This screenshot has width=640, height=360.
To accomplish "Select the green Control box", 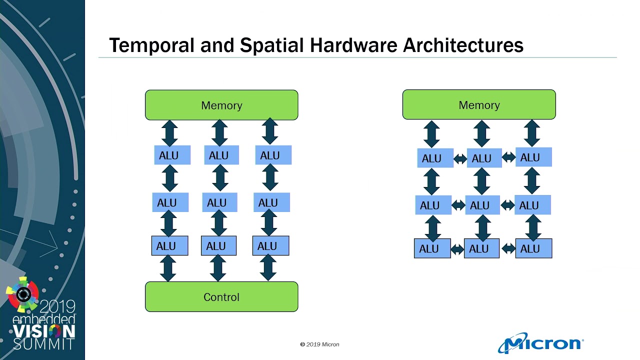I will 221,297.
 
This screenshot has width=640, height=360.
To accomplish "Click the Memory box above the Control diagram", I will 221,105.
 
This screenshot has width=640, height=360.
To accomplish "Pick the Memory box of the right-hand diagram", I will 479,105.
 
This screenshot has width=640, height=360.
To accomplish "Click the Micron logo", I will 541,343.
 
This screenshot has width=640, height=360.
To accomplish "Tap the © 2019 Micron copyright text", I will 319,344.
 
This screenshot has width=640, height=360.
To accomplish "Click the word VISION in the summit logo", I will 44,331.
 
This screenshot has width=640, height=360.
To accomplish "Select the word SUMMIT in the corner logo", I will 44,344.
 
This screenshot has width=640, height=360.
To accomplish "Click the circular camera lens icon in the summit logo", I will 23,294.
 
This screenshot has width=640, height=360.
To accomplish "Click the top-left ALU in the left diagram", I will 172,155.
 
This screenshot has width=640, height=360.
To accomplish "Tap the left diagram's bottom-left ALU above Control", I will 169,246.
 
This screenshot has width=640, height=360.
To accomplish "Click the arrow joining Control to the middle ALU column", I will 218,268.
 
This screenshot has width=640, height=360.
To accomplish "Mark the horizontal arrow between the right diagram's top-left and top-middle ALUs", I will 460,159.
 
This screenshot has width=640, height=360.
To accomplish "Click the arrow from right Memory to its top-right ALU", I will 532,133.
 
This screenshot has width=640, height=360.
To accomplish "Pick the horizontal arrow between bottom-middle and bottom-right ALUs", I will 507,248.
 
